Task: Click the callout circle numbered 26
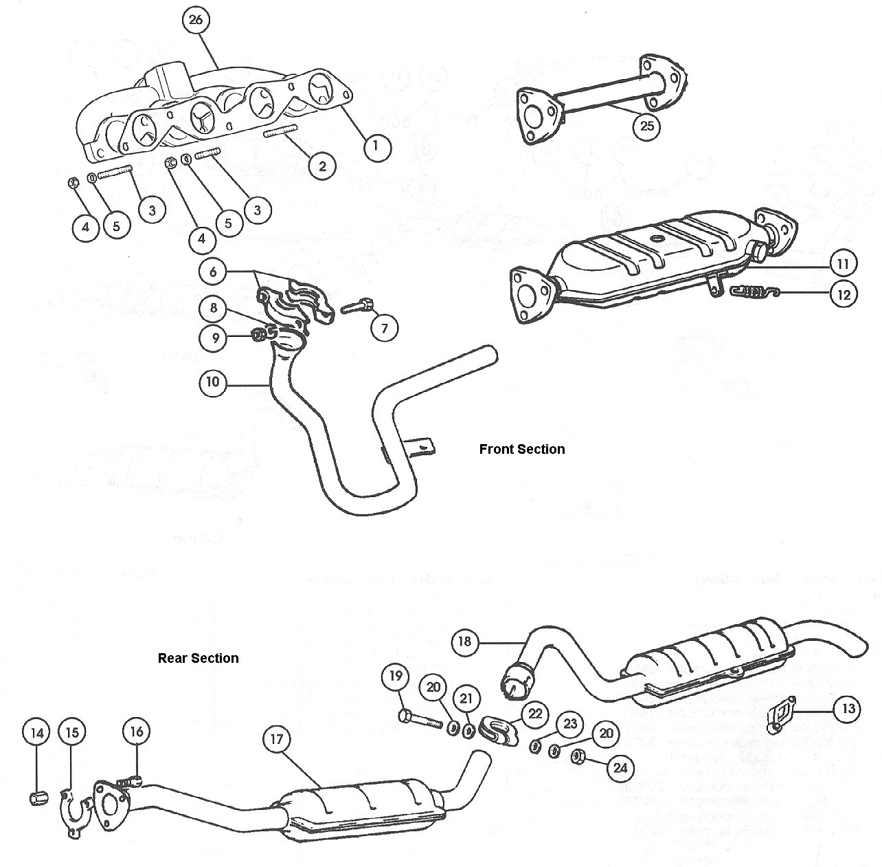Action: click(x=196, y=20)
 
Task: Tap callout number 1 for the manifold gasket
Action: click(x=376, y=146)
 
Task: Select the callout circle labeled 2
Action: click(x=322, y=165)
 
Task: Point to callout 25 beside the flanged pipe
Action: click(x=647, y=127)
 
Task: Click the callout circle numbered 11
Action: click(x=843, y=263)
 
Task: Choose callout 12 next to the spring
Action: click(x=844, y=294)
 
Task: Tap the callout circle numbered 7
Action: click(x=385, y=329)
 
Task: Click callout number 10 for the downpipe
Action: click(x=214, y=382)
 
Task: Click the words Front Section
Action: click(x=522, y=449)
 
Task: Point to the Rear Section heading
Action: click(x=199, y=658)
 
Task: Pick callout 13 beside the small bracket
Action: click(x=848, y=709)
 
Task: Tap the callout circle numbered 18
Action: click(x=465, y=641)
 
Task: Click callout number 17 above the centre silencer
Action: click(x=277, y=740)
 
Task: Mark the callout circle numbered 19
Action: click(x=395, y=677)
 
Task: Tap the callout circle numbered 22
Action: click(x=535, y=714)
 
